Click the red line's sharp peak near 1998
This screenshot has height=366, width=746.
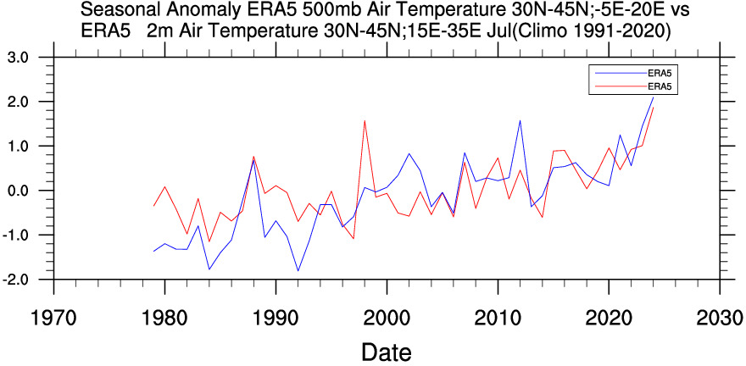365,120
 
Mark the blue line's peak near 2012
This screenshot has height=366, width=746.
520,120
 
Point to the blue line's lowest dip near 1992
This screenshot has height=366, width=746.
298,271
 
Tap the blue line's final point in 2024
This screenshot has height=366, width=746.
653,97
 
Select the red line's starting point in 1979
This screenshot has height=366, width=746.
153,207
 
